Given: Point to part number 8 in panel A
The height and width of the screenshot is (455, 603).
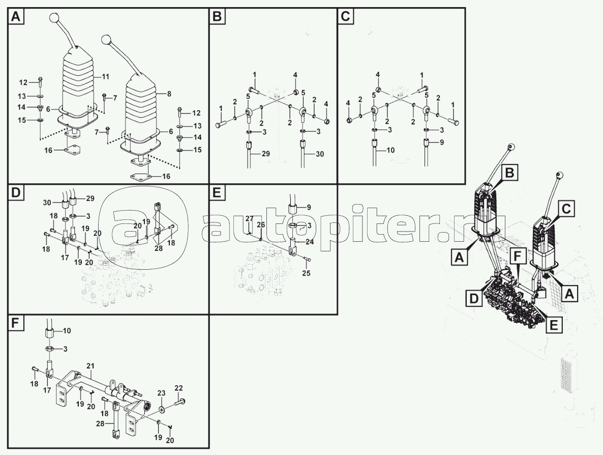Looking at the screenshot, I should click(169, 94).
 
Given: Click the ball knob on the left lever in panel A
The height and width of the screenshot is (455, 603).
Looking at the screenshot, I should click(54, 18).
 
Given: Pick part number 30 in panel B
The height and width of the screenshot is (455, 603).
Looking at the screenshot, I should click(319, 153).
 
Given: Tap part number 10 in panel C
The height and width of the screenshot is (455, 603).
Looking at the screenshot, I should click(390, 150).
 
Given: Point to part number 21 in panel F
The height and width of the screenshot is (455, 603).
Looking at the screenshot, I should click(91, 366).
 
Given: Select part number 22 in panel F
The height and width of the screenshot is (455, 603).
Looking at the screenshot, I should click(178, 388).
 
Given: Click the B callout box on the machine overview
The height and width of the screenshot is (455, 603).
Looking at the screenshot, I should click(509, 174).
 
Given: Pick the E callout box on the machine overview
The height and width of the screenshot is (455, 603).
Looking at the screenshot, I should click(554, 324).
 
